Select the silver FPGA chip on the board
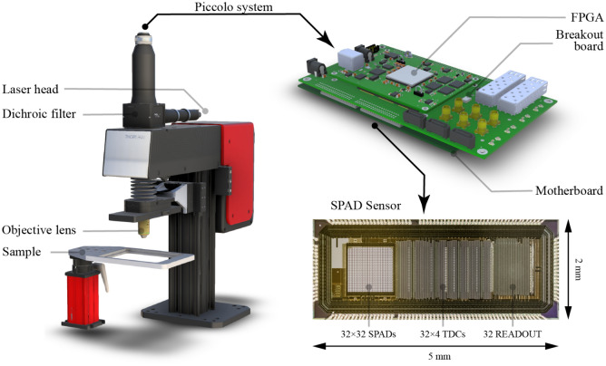[409, 72]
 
